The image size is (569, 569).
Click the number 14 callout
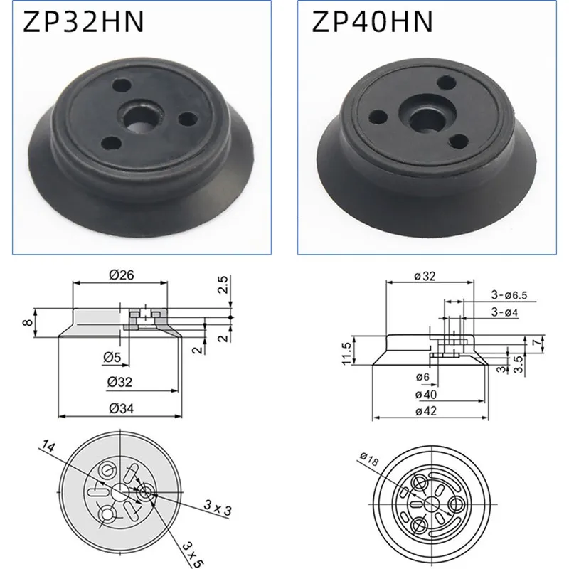pyautogui.click(x=49, y=447)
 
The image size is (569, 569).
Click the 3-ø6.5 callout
pyautogui.click(x=508, y=294)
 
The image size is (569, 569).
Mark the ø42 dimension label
pyautogui.click(x=431, y=411)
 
